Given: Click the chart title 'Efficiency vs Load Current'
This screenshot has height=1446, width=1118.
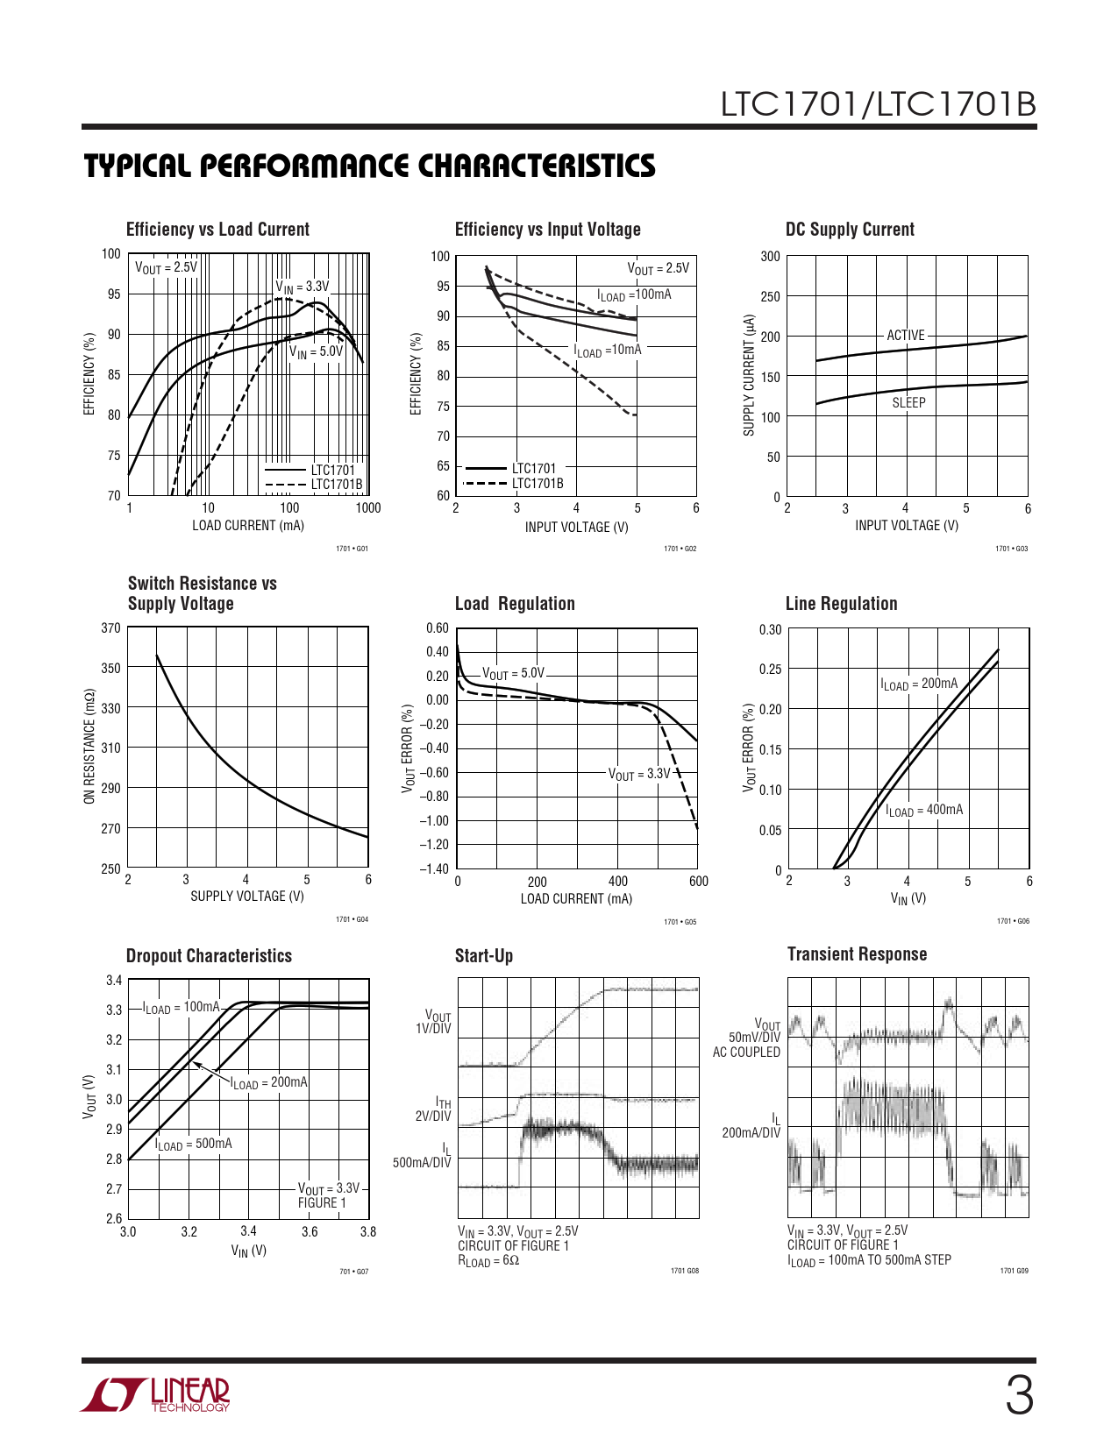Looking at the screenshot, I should coord(217,230).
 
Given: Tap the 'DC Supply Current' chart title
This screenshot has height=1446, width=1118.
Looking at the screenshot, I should coord(850,230).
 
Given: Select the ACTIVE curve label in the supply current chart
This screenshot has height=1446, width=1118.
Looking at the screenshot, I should coord(906,336).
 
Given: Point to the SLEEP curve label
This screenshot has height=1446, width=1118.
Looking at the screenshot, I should coord(908,403).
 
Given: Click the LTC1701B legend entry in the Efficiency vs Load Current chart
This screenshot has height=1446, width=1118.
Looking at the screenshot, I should coord(336,484).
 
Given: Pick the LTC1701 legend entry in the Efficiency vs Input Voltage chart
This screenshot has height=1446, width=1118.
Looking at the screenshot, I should coord(533,469).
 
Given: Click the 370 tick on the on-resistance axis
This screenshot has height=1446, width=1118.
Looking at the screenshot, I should coord(111,628).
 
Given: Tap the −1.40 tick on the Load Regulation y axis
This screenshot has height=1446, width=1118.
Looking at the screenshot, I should coord(437,868).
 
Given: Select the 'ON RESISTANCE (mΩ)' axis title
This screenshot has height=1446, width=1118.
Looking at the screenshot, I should coord(89,747).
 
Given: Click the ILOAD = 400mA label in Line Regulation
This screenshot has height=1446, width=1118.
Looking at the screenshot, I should coord(923,811).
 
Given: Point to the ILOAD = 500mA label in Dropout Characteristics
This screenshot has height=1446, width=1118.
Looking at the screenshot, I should coord(194,1145).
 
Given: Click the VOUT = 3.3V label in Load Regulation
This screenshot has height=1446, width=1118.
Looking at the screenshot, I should coord(639,775).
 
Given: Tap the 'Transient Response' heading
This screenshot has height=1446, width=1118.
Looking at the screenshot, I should coord(857,954).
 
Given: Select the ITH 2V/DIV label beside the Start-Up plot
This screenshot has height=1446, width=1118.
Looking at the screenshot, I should coord(436,1109).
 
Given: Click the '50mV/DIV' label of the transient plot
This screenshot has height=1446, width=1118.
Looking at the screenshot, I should coord(754,1038).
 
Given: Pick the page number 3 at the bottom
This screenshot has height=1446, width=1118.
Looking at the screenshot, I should coord(1018,1396).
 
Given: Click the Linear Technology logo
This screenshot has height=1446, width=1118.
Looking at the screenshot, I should coord(155,1394).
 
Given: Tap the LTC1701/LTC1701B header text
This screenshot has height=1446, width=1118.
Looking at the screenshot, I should coord(878,104).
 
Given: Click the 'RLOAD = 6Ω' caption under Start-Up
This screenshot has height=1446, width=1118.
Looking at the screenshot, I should coord(488,1261).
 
